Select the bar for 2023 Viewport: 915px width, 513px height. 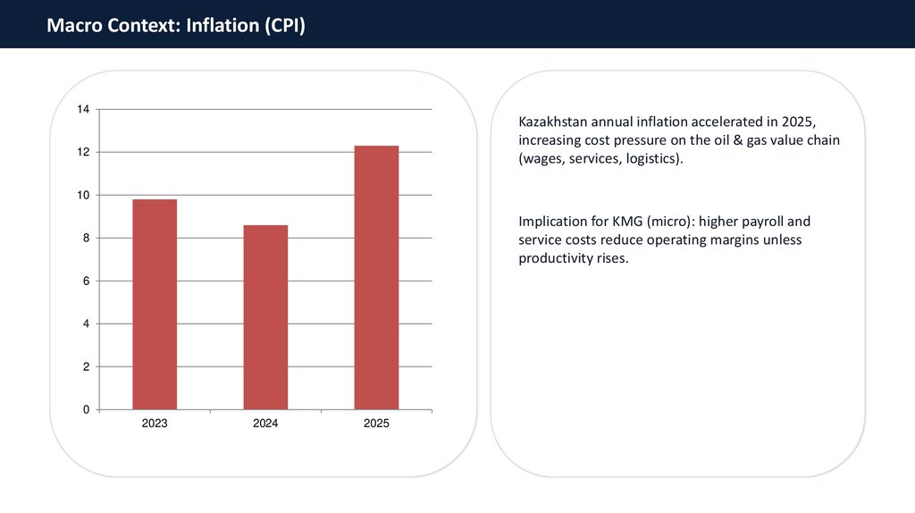[x=155, y=304]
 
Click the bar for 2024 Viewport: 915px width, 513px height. [x=265, y=317]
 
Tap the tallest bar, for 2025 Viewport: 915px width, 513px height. [x=376, y=277]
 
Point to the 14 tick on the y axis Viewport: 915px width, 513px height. [x=83, y=110]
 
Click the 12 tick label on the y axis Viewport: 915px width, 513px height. [x=83, y=153]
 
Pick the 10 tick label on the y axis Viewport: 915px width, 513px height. [x=83, y=196]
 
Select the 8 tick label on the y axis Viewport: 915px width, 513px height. [x=86, y=239]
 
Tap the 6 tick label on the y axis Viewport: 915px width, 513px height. [x=86, y=282]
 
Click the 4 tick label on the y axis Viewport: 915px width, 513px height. [x=86, y=324]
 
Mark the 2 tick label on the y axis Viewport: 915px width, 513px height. [x=86, y=367]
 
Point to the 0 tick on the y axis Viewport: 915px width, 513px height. [x=86, y=410]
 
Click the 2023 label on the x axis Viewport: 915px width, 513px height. [x=155, y=424]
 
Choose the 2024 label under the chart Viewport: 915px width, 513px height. [x=265, y=424]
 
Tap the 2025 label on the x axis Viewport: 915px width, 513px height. [x=376, y=424]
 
